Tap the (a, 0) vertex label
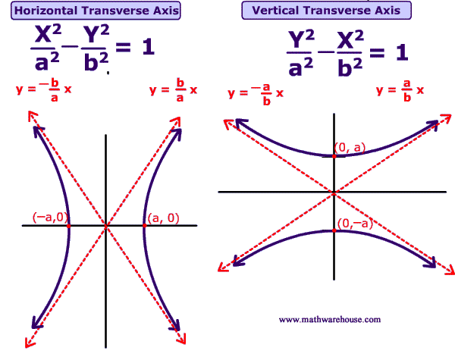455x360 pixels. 163,218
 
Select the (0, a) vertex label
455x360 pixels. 350,149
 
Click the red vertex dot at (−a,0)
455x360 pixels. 68,226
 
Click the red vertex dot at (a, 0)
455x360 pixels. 143,226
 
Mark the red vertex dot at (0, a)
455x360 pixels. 334,155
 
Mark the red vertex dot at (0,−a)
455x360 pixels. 334,230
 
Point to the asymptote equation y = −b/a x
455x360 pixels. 44,89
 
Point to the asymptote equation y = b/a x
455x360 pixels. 174,89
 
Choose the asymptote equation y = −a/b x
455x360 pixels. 256,92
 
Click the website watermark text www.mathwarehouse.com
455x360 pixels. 329,320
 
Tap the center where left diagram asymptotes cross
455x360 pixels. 106,226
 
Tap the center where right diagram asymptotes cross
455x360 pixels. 334,193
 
